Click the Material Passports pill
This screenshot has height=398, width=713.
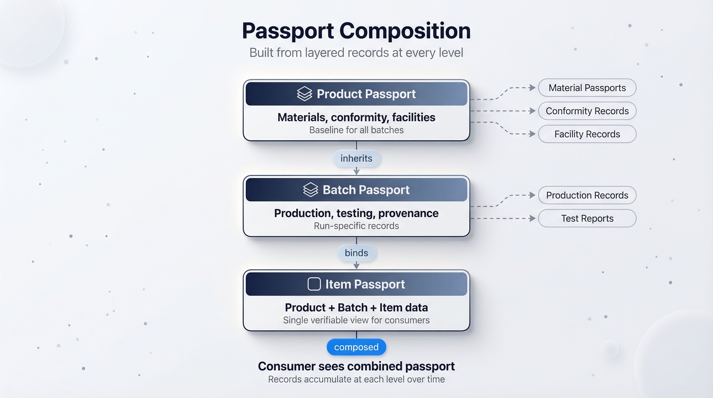pyautogui.click(x=587, y=88)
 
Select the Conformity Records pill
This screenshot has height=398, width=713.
pyautogui.click(x=587, y=111)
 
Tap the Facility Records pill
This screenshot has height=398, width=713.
pyautogui.click(x=587, y=134)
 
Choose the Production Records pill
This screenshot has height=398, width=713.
pyautogui.click(x=587, y=195)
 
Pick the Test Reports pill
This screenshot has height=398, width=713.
pyautogui.click(x=587, y=218)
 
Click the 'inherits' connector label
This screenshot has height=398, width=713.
pyautogui.click(x=356, y=158)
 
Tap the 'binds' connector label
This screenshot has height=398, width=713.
pyautogui.click(x=356, y=253)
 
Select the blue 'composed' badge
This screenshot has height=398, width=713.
pyautogui.click(x=356, y=347)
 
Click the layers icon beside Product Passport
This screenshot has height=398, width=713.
pyautogui.click(x=304, y=94)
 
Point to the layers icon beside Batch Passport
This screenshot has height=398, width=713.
pyautogui.click(x=311, y=190)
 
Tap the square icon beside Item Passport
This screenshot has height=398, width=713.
pyautogui.click(x=314, y=284)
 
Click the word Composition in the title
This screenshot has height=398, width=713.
pyautogui.click(x=405, y=31)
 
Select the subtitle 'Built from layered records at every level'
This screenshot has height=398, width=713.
pyautogui.click(x=356, y=53)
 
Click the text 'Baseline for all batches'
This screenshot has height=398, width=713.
pyautogui.click(x=356, y=130)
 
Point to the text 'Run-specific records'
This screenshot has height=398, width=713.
pyautogui.click(x=356, y=226)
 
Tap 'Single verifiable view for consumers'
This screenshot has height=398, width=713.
pyautogui.click(x=356, y=320)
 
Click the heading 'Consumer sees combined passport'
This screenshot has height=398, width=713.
pyautogui.click(x=356, y=366)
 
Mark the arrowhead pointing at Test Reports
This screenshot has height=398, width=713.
pyautogui.click(x=532, y=218)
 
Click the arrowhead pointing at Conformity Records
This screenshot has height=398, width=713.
pyautogui.click(x=532, y=111)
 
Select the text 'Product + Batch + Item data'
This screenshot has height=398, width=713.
pyautogui.click(x=356, y=308)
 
